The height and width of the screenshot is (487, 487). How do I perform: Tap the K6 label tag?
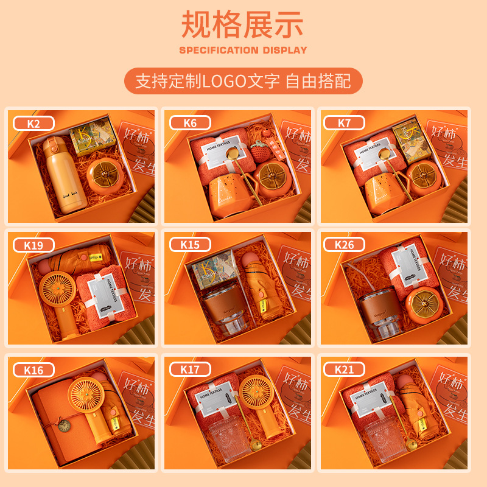click(191, 123)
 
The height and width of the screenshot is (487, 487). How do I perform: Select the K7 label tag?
click(345, 123)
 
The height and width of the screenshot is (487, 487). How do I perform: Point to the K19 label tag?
click(33, 245)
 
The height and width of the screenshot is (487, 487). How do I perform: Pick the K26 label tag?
click(345, 245)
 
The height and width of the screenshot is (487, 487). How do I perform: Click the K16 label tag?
click(33, 369)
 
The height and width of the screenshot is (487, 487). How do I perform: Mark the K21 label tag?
click(345, 369)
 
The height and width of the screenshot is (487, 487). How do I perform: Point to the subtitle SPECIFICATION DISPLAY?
click(243, 50)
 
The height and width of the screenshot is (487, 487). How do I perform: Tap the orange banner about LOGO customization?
click(243, 81)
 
